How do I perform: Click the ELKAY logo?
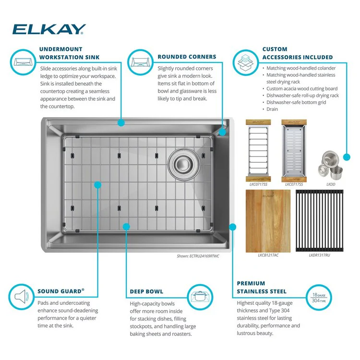point(49,29)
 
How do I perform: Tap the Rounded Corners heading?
point(187,57)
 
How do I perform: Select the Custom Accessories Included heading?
point(297,53)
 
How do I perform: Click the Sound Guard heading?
point(61,291)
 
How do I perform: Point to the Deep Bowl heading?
point(146,291)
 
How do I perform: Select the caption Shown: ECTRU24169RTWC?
point(198,256)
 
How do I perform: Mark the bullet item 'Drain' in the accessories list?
point(273,109)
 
